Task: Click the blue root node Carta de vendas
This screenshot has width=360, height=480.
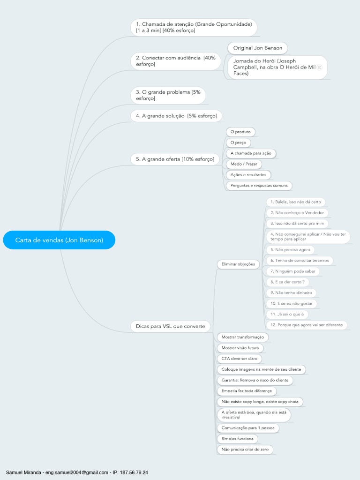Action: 59,240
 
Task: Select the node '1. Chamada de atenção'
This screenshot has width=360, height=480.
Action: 194,27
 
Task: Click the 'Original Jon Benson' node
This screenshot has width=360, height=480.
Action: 257,48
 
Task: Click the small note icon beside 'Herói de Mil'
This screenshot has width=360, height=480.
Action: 320,67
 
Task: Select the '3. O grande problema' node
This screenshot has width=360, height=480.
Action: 167,95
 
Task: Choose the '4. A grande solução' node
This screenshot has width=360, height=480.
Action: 176,115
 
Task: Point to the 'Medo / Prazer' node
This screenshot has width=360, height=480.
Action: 243,164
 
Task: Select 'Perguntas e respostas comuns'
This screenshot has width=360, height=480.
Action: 258,186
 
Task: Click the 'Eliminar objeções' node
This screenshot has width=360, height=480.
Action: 238,264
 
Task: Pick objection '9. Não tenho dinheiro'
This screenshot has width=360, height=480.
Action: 291,292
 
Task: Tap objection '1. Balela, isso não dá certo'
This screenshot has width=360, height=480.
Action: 295,202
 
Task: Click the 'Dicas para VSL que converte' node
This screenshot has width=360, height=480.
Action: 170,326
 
